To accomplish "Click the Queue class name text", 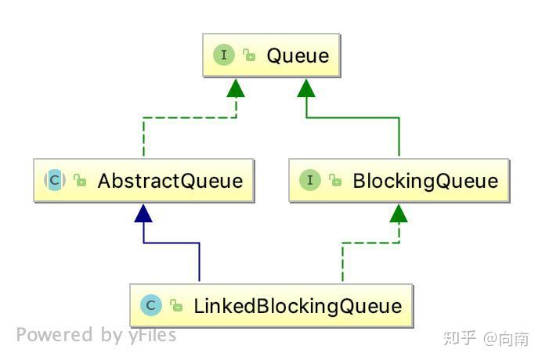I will (x=298, y=56).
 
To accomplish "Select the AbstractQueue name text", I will (x=170, y=181).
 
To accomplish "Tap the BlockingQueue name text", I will (x=425, y=181).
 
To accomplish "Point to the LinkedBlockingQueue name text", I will (x=298, y=305).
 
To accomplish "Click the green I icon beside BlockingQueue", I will (x=311, y=181).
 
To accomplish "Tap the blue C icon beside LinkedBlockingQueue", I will (x=151, y=305).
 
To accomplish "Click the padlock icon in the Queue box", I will (x=249, y=56).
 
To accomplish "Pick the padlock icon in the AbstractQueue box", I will (x=80, y=181).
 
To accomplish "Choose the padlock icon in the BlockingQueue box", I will (x=335, y=181).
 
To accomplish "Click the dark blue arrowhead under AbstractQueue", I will (x=143, y=212).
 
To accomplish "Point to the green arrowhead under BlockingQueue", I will (x=399, y=212).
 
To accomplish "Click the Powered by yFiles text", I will (x=96, y=336).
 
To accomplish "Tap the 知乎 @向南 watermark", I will (x=486, y=338).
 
